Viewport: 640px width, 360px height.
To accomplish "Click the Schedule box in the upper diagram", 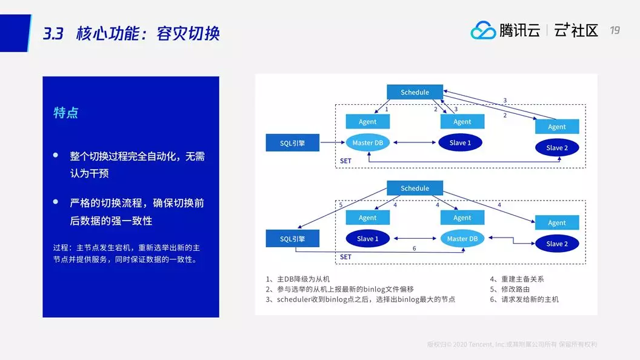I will coord(415,92).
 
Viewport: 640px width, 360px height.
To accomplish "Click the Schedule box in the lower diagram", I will coord(415,188).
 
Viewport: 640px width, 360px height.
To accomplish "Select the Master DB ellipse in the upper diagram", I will coord(367,143).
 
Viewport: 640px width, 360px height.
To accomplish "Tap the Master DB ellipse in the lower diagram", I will coord(462,239).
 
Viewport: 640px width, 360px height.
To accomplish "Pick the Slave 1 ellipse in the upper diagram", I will coord(459,143).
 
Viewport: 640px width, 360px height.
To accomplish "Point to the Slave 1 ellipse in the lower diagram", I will coord(367,239).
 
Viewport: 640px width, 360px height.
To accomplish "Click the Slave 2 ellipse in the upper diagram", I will coord(556,148).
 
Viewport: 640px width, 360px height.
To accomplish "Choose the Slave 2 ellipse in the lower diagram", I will coord(556,244).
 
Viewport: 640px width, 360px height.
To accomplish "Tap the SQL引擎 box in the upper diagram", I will coord(293,143).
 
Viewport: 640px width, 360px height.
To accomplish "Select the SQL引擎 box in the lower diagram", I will coord(293,239).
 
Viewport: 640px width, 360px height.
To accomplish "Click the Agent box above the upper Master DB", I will coord(367,122).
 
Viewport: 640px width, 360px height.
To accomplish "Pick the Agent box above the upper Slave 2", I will coord(556,127).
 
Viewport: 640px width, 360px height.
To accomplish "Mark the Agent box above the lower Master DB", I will coord(462,218).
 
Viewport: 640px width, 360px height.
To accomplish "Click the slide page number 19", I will coord(615,30).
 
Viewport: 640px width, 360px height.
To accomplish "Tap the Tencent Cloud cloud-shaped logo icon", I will coord(483,30).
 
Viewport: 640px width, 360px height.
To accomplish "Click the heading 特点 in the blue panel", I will coord(65,113).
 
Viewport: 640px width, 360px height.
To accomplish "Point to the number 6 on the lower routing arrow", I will coord(414,248).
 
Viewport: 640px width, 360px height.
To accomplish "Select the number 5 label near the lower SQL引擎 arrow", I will coord(341,205).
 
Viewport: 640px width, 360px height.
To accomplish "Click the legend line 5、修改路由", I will coord(510,289).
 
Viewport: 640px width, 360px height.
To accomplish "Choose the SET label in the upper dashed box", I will coord(345,161).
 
